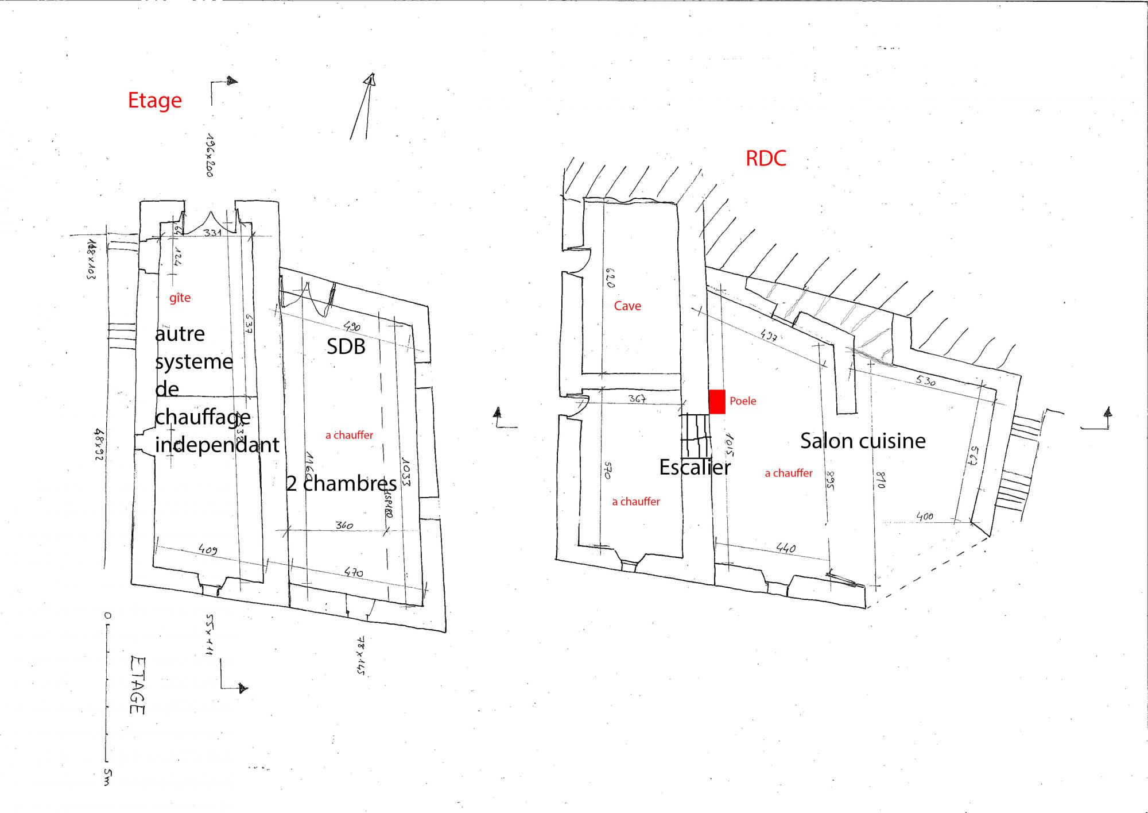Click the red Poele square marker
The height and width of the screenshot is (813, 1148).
click(x=717, y=401)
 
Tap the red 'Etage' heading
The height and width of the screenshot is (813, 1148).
click(x=154, y=100)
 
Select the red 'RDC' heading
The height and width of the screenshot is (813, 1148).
click(x=766, y=158)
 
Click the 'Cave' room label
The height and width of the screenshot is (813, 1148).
click(x=627, y=306)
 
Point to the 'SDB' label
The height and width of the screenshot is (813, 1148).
click(x=346, y=346)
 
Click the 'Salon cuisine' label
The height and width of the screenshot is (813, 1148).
click(x=863, y=441)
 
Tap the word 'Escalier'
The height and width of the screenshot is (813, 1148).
click(x=695, y=467)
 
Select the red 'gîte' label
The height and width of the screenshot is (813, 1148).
click(x=180, y=298)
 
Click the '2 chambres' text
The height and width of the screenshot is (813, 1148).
click(x=342, y=484)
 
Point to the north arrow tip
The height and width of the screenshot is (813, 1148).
click(x=371, y=78)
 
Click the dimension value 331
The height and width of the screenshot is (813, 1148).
click(x=213, y=232)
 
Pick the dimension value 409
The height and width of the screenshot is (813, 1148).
click(x=208, y=550)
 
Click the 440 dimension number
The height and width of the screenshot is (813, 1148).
click(x=785, y=549)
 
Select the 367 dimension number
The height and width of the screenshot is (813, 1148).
click(x=638, y=398)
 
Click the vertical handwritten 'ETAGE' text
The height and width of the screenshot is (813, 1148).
click(x=137, y=685)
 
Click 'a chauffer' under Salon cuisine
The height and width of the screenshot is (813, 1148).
click(x=789, y=473)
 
